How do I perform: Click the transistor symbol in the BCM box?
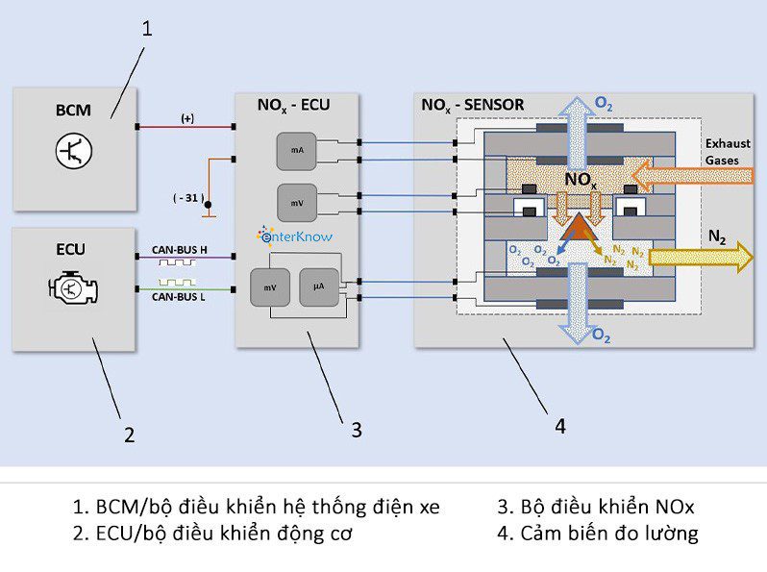(74, 153)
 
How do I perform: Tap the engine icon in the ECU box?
(73, 288)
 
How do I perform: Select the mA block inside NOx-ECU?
(295, 150)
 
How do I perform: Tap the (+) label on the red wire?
(187, 118)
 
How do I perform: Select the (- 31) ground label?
(187, 198)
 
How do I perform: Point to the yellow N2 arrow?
(700, 257)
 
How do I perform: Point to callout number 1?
(147, 29)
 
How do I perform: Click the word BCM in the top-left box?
(73, 110)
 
